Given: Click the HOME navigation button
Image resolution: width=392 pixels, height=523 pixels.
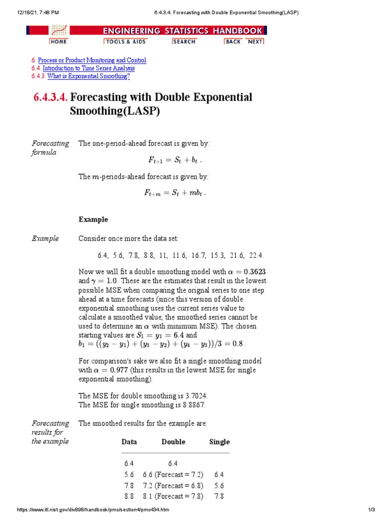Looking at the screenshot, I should click(x=58, y=41).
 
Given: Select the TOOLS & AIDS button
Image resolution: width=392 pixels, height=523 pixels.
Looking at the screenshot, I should click(x=125, y=41).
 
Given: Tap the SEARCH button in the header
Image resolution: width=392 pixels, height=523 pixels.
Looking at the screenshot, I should click(x=184, y=41).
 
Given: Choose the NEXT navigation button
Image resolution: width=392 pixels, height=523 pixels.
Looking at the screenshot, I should click(x=255, y=41).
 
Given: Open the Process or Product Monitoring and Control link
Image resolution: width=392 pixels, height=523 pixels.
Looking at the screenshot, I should click(x=92, y=60).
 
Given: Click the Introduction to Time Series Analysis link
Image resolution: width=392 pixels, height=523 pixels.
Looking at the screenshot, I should click(x=88, y=68).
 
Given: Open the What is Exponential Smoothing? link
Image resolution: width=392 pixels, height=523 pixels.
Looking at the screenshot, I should click(x=88, y=77).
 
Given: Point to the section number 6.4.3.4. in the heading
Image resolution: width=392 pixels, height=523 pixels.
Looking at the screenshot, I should click(x=51, y=98).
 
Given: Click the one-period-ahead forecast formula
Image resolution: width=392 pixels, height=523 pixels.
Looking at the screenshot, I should click(x=175, y=160).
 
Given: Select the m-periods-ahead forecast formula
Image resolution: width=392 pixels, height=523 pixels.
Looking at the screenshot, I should click(x=175, y=193).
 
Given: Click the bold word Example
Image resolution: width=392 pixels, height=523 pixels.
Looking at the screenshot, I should click(x=93, y=220).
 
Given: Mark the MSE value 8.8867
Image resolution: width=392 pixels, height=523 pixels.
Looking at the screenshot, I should click(x=191, y=405).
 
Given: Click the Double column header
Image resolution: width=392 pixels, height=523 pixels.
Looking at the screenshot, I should click(x=173, y=442).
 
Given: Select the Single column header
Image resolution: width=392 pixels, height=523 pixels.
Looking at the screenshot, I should click(x=219, y=442).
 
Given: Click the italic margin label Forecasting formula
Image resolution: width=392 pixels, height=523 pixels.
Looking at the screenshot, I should click(x=50, y=148).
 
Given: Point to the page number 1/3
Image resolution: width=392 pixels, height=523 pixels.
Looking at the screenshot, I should click(x=371, y=510).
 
